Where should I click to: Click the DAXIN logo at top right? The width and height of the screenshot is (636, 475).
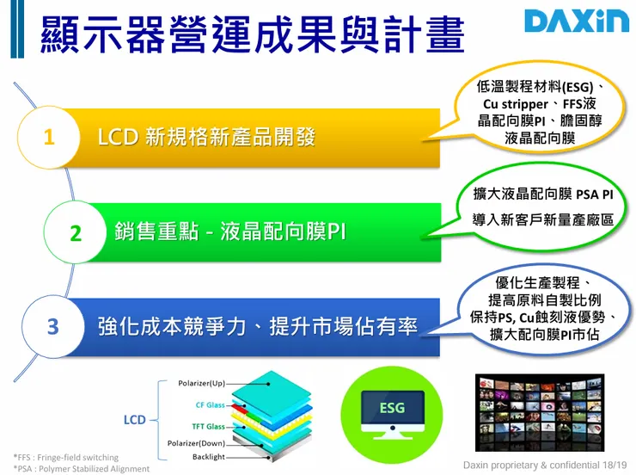click(x=576, y=21)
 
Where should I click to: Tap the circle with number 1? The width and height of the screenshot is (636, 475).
click(x=49, y=137)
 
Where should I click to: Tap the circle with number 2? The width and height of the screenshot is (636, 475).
click(x=75, y=232)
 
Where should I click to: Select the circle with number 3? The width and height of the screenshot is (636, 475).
click(x=52, y=327)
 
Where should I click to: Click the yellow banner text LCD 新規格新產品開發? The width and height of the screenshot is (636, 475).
click(x=206, y=137)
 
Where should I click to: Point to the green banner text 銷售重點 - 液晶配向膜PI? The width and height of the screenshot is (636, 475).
click(x=230, y=231)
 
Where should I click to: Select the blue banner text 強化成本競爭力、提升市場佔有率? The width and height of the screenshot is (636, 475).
click(x=258, y=327)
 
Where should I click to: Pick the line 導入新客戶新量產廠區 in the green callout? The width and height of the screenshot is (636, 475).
click(x=543, y=220)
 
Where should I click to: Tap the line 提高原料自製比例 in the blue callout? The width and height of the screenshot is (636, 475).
click(x=542, y=300)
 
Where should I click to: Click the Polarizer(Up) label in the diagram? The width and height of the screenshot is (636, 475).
click(x=201, y=382)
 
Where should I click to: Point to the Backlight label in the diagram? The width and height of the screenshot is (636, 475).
click(x=208, y=457)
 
